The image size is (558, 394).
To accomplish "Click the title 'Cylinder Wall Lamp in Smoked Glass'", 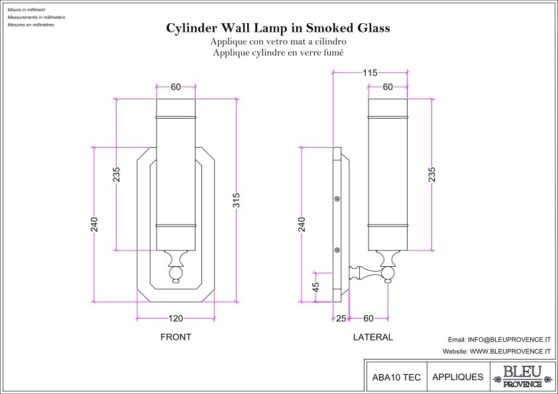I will tap(278, 28).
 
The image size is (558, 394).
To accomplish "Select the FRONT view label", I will tap(176, 337).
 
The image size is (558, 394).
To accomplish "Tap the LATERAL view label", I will tap(372, 337).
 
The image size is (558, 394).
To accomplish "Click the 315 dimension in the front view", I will tap(236, 201).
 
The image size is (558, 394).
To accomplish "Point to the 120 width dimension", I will tap(176, 319).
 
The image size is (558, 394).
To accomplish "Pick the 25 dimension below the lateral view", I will tap(341, 319).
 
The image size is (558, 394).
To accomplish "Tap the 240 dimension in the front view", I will tap(94, 224).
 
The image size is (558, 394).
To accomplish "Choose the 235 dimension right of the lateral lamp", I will tap(432, 175).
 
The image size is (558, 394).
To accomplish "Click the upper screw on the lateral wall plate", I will tap(337, 198).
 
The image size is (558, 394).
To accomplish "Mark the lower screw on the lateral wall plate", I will tap(337, 250).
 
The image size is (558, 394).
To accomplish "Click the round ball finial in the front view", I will tap(176, 273).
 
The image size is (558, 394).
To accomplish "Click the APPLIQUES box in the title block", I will tap(457, 377).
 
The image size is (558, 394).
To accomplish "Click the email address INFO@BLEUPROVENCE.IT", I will tap(500, 339).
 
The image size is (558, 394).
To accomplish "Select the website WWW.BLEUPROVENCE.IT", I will tap(497, 352).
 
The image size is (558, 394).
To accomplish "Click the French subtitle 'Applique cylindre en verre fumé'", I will tap(278, 51).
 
